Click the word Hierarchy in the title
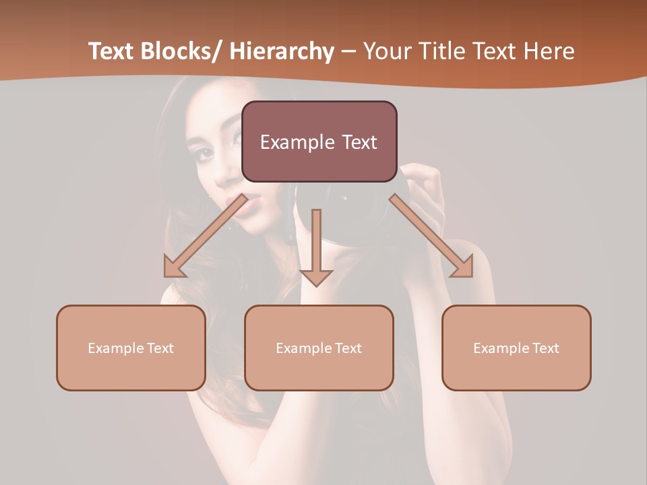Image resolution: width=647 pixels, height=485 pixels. [x=282, y=52]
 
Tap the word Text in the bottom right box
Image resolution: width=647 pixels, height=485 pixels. [x=545, y=348]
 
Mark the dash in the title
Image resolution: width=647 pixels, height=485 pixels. [x=348, y=52]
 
